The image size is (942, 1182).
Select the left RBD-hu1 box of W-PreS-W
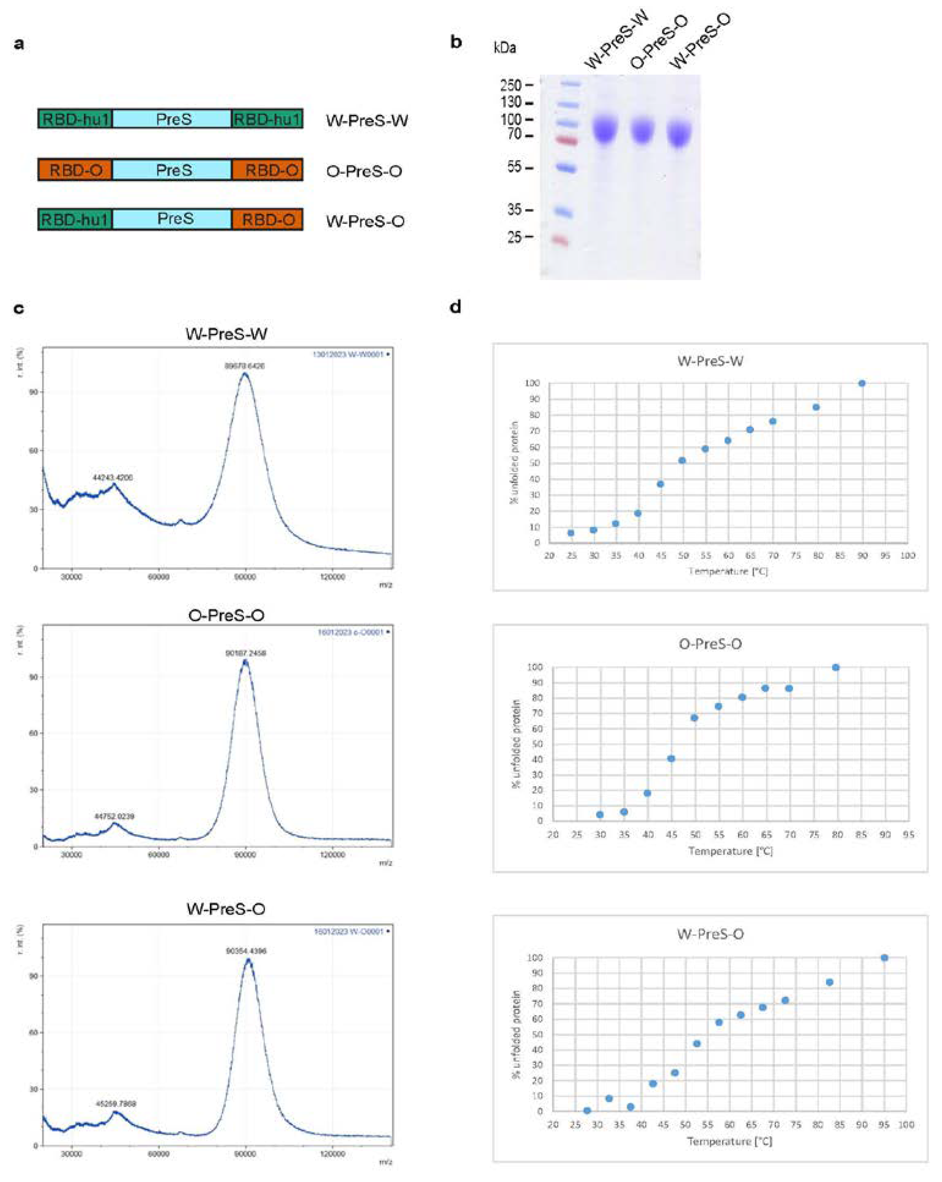pos(75,119)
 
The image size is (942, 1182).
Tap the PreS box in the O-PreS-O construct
pos(173,170)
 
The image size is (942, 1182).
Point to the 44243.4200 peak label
pos(112,478)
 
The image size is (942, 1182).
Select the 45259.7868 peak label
pos(116,1103)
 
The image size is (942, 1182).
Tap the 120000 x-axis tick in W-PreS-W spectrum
pos(332,577)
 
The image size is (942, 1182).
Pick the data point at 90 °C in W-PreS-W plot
pos(862,383)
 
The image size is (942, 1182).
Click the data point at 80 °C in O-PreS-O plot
pos(836,667)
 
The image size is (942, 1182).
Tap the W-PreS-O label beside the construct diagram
pos(365,221)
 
